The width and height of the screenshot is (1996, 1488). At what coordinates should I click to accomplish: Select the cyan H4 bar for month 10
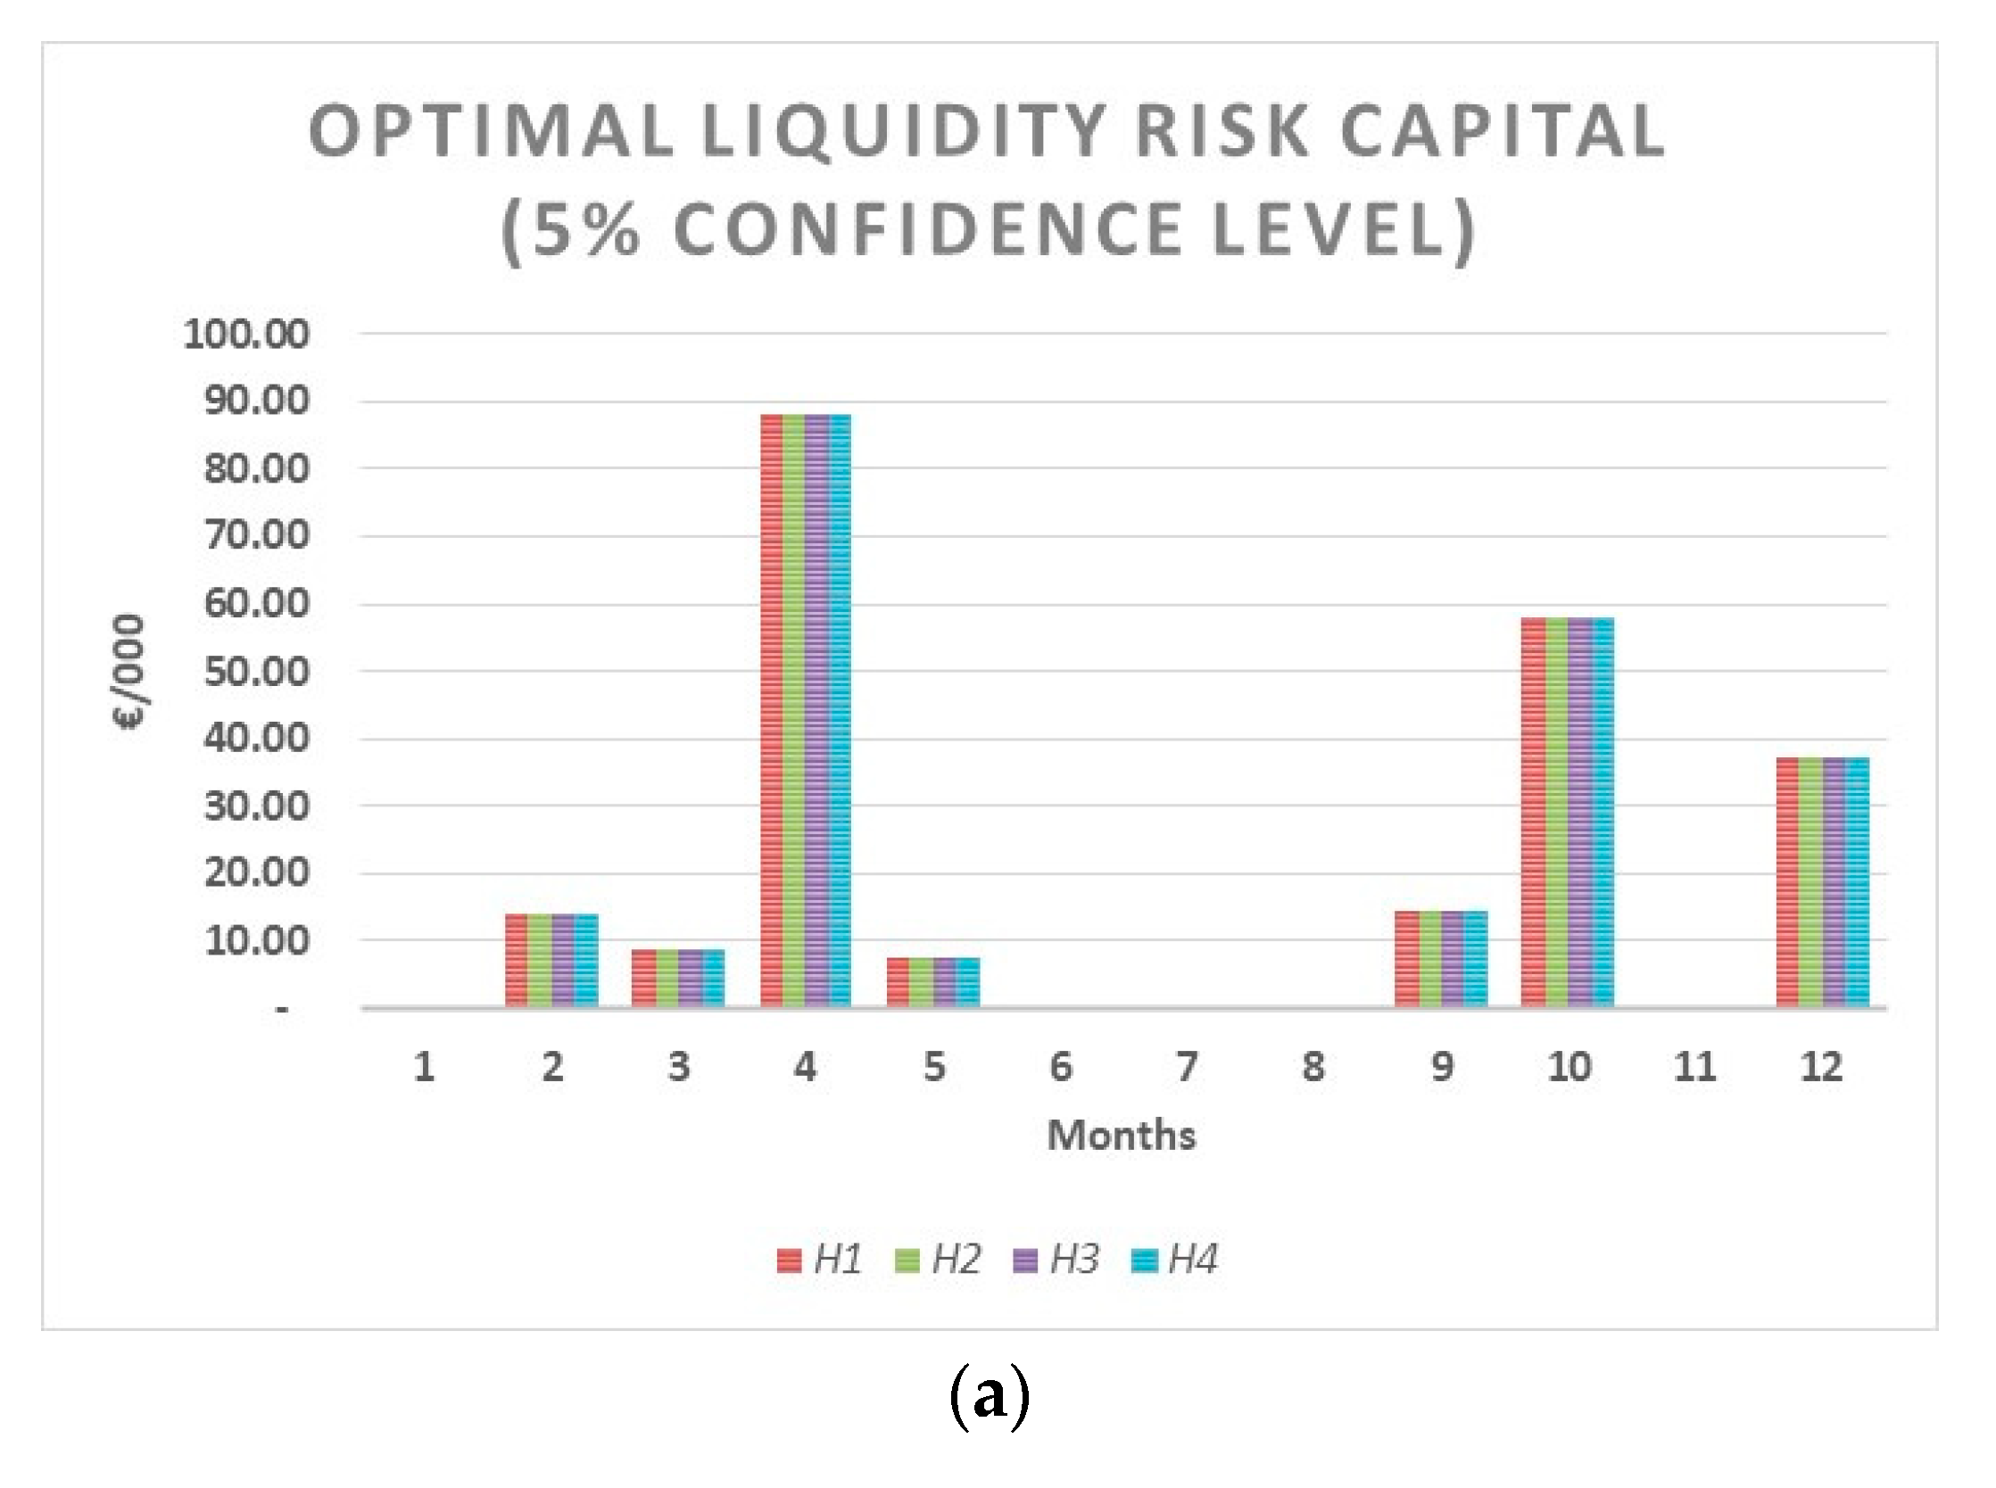tap(1603, 812)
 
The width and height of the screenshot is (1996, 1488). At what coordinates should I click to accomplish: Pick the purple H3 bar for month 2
tap(563, 959)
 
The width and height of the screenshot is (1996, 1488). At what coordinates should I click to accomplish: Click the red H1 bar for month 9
tap(1407, 958)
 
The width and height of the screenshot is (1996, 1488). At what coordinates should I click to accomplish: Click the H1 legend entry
tap(820, 1260)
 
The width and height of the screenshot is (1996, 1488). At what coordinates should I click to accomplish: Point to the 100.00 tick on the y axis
tap(246, 335)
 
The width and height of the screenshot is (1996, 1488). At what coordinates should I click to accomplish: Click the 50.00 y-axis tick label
tap(256, 672)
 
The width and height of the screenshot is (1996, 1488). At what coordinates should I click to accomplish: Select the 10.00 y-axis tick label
tap(256, 941)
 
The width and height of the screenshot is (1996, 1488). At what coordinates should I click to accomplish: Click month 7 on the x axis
tap(1187, 1067)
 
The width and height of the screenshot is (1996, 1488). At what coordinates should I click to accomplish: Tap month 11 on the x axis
tap(1694, 1067)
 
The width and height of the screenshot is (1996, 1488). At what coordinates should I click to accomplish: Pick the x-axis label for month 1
tap(424, 1067)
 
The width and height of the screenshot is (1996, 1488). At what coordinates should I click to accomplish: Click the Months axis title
tap(1122, 1135)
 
